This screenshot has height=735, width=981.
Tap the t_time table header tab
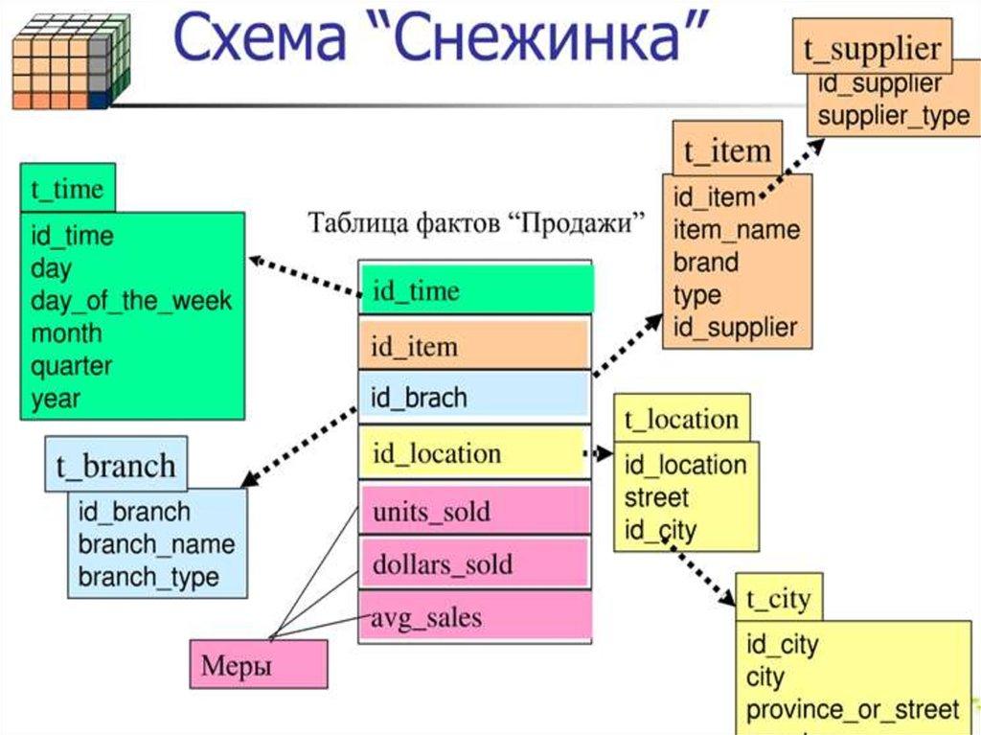67,188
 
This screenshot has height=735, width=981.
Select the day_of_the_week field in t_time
131,301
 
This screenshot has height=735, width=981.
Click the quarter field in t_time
72,366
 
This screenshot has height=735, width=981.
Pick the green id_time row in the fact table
476,290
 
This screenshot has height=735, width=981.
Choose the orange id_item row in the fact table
474,345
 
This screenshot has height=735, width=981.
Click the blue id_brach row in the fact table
474,397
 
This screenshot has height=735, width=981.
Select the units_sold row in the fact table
474,511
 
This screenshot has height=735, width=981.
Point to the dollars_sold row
474,563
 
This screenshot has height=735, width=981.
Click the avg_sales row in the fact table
474,618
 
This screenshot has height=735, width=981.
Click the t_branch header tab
116,466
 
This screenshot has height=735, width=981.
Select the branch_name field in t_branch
156,544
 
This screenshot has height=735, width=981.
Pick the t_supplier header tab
873,49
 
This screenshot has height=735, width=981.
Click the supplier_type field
893,117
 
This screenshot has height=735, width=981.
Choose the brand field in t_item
706,263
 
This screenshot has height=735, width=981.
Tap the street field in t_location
656,498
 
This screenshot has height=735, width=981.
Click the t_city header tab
778,600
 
